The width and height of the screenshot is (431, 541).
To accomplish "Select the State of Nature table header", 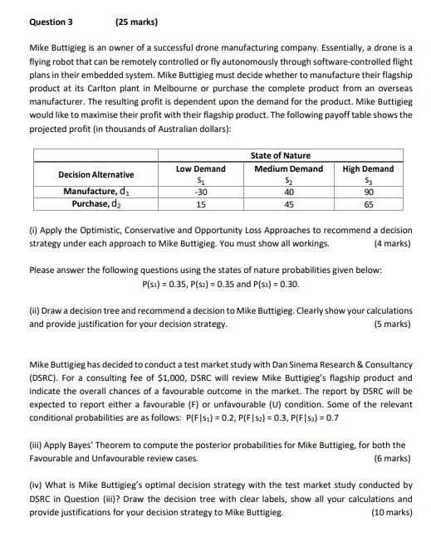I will tap(280, 155).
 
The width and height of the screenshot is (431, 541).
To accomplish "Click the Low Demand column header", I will tap(200, 168).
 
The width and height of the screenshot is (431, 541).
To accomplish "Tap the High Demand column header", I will tap(368, 168).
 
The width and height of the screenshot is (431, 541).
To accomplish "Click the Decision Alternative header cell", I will tap(96, 174).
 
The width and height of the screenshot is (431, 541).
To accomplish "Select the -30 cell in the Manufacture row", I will tap(200, 192).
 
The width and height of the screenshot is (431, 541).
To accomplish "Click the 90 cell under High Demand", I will tap(368, 192).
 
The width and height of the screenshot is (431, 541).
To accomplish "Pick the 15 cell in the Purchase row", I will tap(200, 204).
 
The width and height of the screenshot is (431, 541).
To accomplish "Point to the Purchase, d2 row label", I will tap(96, 204).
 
